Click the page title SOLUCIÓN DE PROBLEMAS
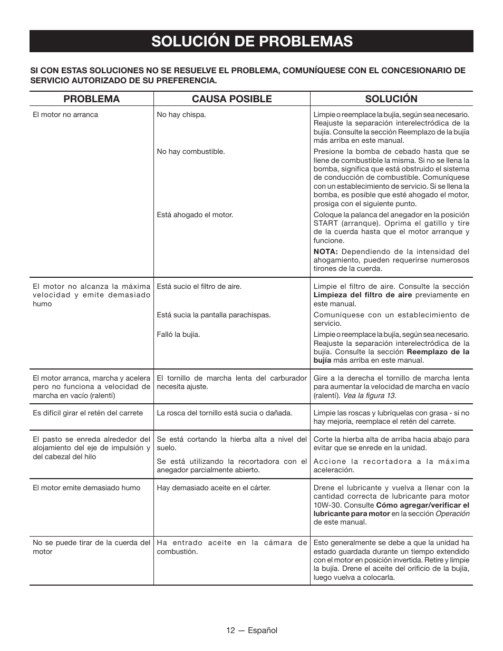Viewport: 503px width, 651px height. [252, 41]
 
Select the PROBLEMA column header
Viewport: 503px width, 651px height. [92, 99]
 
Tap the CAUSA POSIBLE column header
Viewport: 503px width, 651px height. [231, 99]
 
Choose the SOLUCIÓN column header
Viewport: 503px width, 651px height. [391, 99]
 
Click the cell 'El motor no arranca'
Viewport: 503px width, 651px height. [65, 114]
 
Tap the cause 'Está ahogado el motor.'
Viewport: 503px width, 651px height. [195, 215]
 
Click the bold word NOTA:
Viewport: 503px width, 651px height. [325, 251]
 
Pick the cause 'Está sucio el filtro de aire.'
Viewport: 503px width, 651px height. [199, 286]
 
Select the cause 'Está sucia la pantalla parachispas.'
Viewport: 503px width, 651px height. [214, 315]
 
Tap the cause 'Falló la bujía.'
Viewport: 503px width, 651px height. [178, 334]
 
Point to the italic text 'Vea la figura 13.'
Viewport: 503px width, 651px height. [370, 395]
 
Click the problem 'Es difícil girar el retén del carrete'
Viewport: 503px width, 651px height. [88, 413]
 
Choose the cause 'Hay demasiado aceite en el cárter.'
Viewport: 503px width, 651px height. [214, 488]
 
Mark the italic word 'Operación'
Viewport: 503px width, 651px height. [452, 513]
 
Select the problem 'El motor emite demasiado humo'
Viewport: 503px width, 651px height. [86, 488]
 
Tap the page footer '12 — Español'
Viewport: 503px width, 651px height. [252, 630]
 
